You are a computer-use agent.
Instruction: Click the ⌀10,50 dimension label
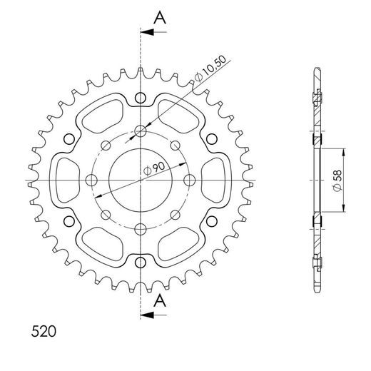[x=210, y=69]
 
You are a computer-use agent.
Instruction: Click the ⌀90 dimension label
[x=154, y=168]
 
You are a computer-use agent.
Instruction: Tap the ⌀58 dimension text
[x=337, y=181]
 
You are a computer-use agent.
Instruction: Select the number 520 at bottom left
[x=44, y=331]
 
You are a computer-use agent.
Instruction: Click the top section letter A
[x=160, y=18]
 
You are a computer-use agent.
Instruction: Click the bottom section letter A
[x=160, y=300]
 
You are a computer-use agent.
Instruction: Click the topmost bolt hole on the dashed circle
[x=141, y=131]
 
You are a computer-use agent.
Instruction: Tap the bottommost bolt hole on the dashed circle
[x=141, y=229]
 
